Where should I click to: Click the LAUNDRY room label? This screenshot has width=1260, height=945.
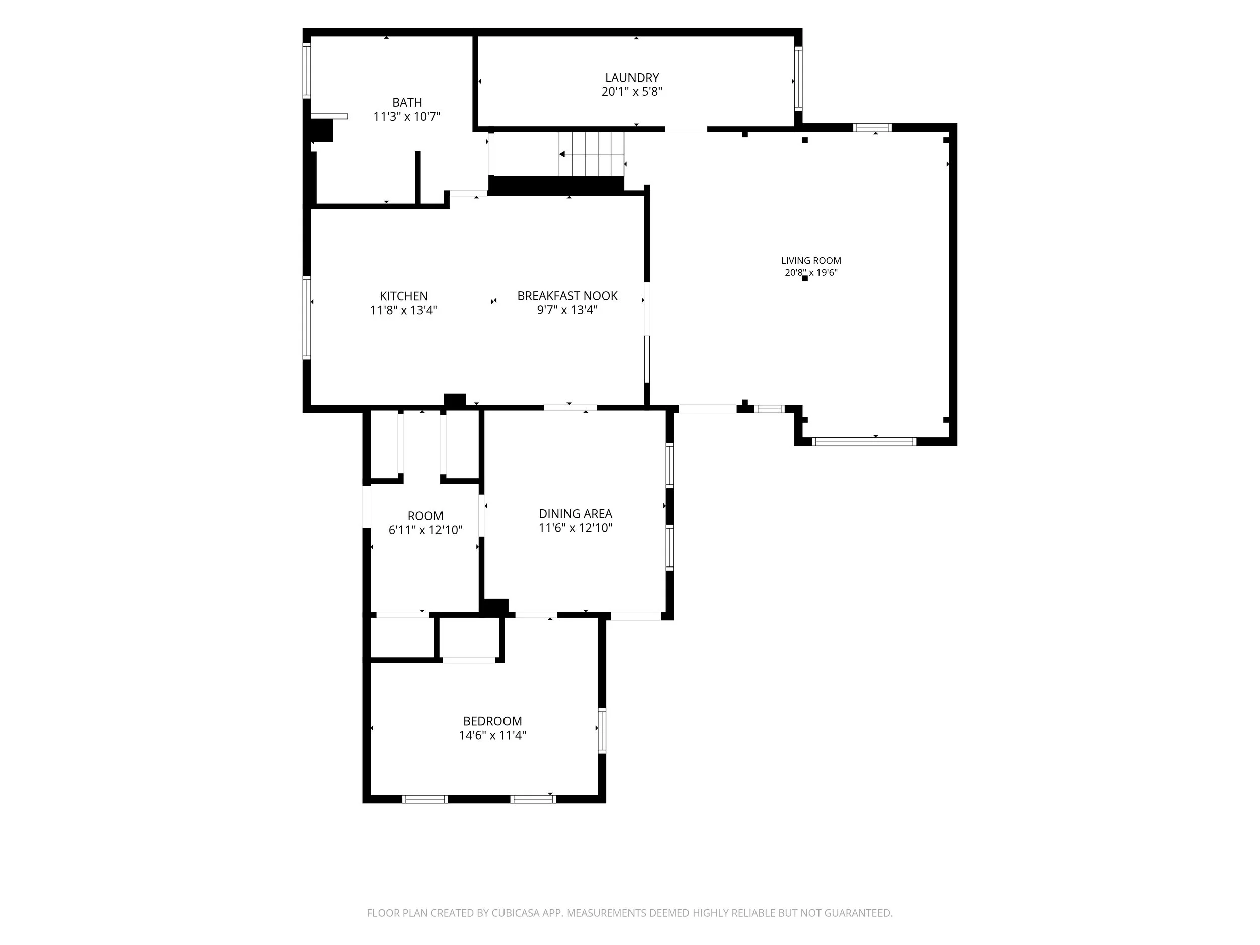click(x=632, y=78)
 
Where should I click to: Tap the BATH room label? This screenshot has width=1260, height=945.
click(x=407, y=102)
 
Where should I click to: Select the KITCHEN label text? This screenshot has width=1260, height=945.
click(x=403, y=296)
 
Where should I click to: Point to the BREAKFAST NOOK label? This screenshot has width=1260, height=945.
click(x=568, y=296)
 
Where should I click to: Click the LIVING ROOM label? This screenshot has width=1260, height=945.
click(x=811, y=261)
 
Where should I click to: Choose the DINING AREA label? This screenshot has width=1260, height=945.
click(x=576, y=513)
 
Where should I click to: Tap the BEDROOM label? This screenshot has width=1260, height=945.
click(x=492, y=721)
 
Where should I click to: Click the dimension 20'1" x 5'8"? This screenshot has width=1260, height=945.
click(x=632, y=92)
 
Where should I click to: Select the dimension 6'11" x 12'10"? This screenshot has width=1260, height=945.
click(x=425, y=530)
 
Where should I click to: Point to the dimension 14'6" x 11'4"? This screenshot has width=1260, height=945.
click(x=492, y=735)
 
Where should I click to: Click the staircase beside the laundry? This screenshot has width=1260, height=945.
click(x=591, y=154)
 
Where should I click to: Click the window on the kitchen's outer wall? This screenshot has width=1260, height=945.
click(x=307, y=318)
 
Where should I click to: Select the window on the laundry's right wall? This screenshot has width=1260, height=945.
click(x=798, y=79)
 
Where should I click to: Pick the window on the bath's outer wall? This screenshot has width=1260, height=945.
click(x=307, y=71)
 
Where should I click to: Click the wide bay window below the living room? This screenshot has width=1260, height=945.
click(x=864, y=442)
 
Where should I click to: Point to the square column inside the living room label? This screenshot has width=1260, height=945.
click(x=805, y=279)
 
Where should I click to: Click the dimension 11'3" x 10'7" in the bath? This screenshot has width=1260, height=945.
click(x=407, y=117)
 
